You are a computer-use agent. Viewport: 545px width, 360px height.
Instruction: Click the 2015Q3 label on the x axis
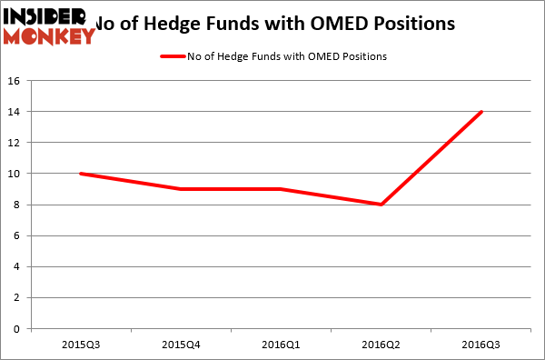pos(82,346)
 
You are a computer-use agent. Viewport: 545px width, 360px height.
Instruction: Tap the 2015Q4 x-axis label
pos(182,346)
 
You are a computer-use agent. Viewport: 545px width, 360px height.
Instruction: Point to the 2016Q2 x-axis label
pos(381,346)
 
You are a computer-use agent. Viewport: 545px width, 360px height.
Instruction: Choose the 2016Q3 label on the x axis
pos(481,346)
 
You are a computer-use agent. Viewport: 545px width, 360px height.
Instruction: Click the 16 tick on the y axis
pos(15,81)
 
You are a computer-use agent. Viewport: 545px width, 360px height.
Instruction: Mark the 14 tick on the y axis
pos(15,112)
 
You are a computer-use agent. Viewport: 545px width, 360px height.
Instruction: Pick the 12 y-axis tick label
pos(15,143)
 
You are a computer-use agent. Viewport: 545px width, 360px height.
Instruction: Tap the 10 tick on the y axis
pos(15,174)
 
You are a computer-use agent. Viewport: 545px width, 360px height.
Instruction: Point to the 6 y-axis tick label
pos(18,235)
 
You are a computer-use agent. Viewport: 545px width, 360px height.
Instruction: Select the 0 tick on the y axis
pos(18,328)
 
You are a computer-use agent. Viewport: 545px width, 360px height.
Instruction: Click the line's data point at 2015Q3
pos(82,174)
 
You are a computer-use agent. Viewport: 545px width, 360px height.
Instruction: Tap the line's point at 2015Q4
pos(182,189)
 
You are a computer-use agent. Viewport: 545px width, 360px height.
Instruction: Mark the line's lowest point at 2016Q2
pos(381,205)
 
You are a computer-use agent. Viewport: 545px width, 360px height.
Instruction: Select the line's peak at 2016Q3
pos(481,112)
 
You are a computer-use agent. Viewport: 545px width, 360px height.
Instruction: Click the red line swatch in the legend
pos(173,56)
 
